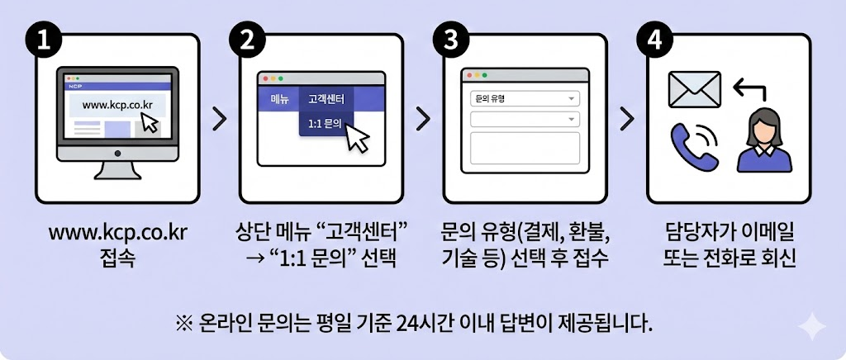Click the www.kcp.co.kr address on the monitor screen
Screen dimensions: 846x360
[x=117, y=105]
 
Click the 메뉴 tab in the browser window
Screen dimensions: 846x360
[x=279, y=99]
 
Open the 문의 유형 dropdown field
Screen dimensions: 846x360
[x=525, y=99]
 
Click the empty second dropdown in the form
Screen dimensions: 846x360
[x=525, y=119]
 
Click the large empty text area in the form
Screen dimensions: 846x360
[x=525, y=148]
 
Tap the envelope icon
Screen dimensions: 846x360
[x=694, y=89]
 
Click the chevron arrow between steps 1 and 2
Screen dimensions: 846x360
[x=219, y=119]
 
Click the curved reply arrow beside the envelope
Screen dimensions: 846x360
[x=750, y=88]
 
